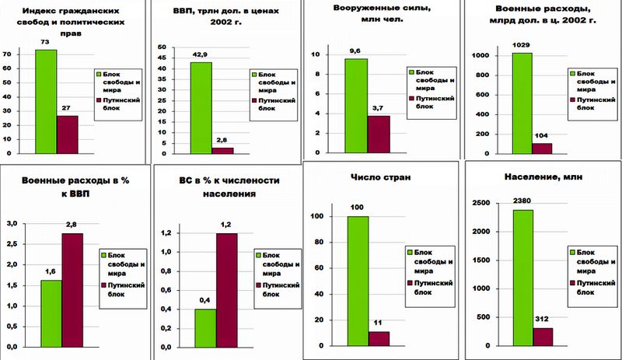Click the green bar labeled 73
tap(46, 102)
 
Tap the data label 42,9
tap(201, 55)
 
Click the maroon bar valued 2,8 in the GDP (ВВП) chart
tap(222, 150)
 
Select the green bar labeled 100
tap(358, 280)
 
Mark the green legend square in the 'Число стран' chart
tap(409, 251)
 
